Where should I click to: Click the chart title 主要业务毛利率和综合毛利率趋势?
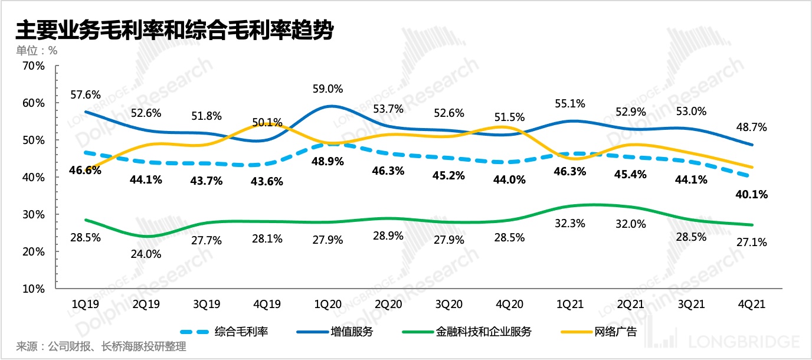tap(174, 30)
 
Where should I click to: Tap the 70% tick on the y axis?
tap(33, 66)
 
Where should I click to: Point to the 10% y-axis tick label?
tap(33, 289)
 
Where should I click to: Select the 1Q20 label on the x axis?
tap(328, 305)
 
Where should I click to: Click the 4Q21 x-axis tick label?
tap(752, 305)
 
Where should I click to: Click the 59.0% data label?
tap(328, 89)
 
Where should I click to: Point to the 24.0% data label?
tap(145, 255)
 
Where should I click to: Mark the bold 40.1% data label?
tap(752, 194)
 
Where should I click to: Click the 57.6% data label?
tap(86, 94)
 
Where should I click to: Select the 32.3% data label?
tap(570, 223)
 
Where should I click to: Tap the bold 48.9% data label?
tap(328, 161)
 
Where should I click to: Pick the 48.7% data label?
tap(751, 126)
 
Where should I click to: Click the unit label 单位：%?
tap(37, 51)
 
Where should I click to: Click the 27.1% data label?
tap(751, 242)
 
